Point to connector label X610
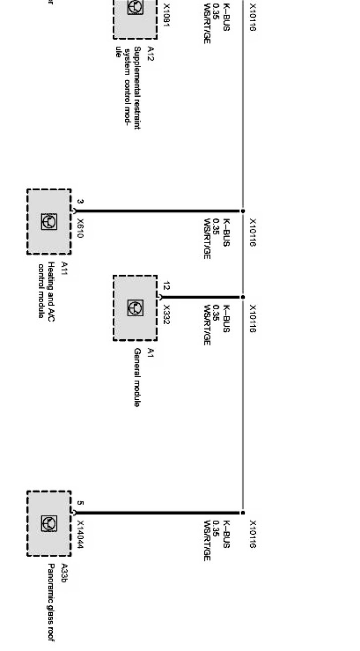pyautogui.click(x=81, y=228)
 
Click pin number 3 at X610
pyautogui.click(x=81, y=202)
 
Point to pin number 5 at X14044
pyautogui.click(x=81, y=503)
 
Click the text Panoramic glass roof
pyautogui.click(x=51, y=603)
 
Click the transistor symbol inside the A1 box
pyautogui.click(x=135, y=308)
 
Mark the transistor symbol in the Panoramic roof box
pyautogui.click(x=49, y=524)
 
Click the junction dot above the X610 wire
pyautogui.click(x=243, y=211)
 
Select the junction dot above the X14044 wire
pyautogui.click(x=243, y=513)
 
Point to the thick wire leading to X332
pyautogui.click(x=201, y=297)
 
